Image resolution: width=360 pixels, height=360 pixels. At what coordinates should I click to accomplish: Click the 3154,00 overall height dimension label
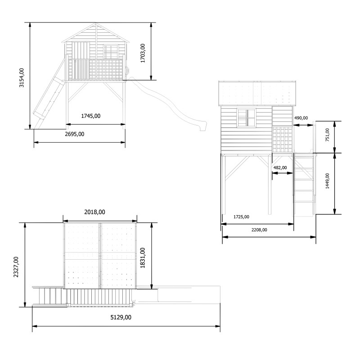(22, 77)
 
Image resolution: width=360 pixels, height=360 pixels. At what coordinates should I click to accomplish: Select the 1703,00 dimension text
(143, 53)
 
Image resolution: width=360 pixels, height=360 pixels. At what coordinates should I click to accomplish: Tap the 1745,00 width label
(91, 116)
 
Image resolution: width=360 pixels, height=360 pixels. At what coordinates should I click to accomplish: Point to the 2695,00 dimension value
(74, 134)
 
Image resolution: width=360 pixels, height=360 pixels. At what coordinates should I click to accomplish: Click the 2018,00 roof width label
(94, 212)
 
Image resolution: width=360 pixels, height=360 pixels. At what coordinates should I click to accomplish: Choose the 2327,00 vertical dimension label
(16, 267)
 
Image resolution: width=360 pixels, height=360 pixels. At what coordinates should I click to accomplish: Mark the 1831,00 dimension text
(143, 258)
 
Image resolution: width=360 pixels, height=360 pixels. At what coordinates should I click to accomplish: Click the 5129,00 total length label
(121, 317)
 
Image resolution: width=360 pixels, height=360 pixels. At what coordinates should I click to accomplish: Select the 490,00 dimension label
(301, 118)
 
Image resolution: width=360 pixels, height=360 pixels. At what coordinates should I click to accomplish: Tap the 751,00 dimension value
(328, 135)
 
